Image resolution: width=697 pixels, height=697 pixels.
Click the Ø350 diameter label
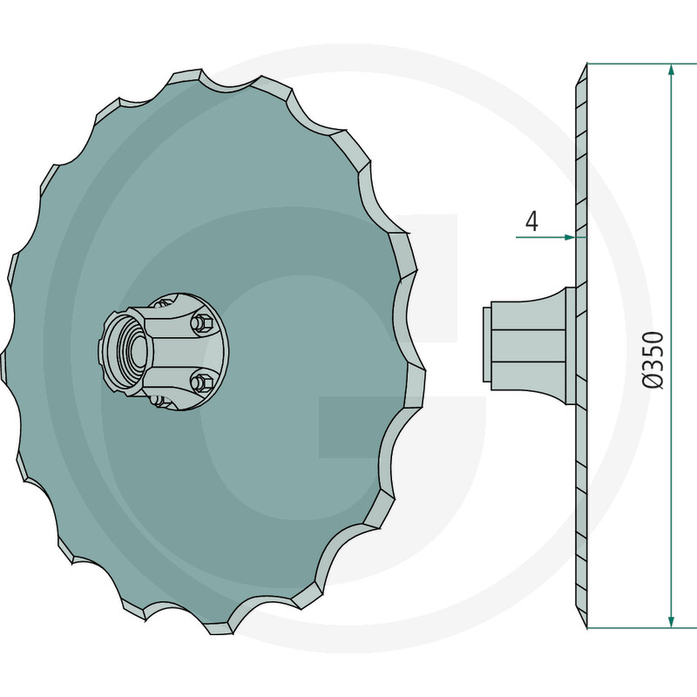point(653,360)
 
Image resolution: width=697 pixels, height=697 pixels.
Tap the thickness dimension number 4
point(531,221)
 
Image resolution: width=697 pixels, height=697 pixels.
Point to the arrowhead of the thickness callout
point(570,237)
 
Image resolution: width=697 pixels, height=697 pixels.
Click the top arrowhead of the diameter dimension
point(671,71)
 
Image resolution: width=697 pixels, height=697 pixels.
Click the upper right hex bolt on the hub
point(201,321)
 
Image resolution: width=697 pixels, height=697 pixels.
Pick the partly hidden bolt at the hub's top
point(163,303)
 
